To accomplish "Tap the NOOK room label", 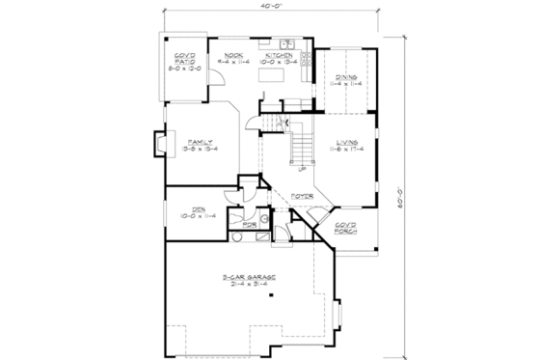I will [x=231, y=56].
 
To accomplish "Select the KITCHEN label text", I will [x=282, y=56].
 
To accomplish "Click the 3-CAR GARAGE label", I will [x=251, y=278].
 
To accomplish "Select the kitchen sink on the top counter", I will [x=286, y=44].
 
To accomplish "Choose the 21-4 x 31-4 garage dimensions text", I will [x=251, y=286].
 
